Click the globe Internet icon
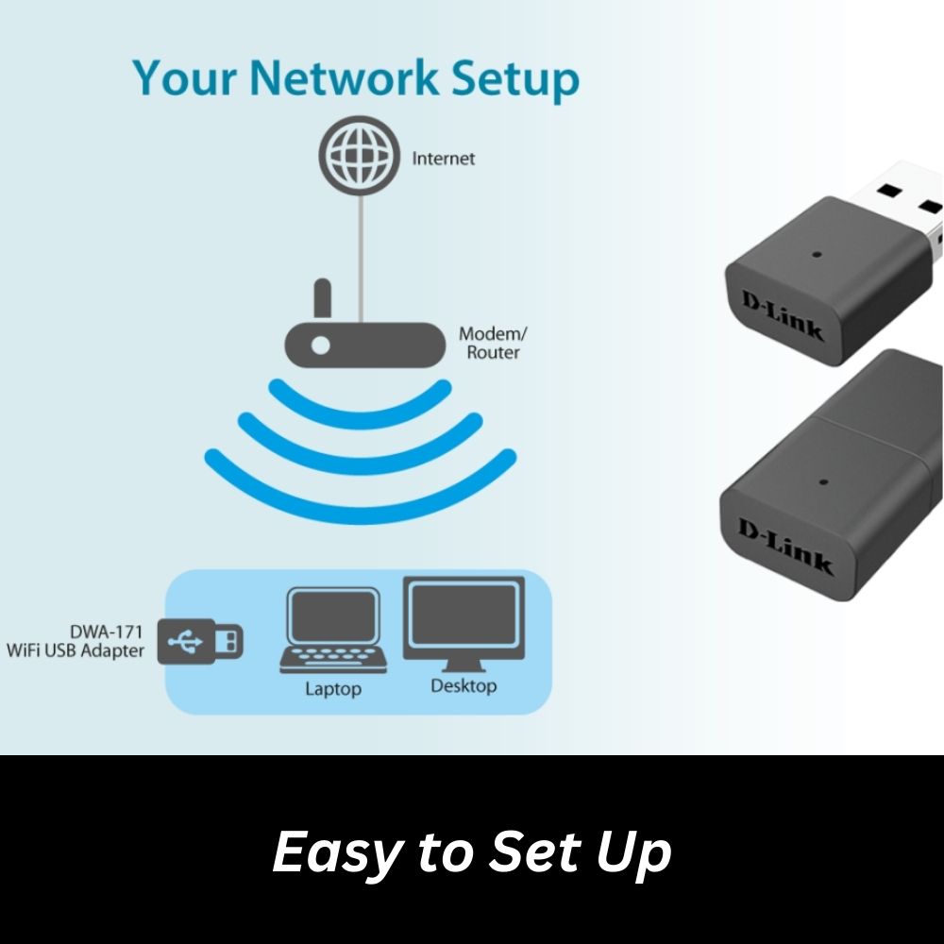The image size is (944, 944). (358, 159)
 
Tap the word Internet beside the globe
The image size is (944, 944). (443, 159)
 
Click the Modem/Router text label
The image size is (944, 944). (490, 343)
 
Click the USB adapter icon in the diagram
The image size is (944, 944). (201, 643)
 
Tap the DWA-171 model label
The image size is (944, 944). (107, 632)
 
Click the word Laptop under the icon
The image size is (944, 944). (332, 689)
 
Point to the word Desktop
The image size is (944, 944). (463, 686)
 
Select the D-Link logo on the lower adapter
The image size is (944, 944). (785, 546)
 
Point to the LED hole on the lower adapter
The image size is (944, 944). (823, 480)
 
